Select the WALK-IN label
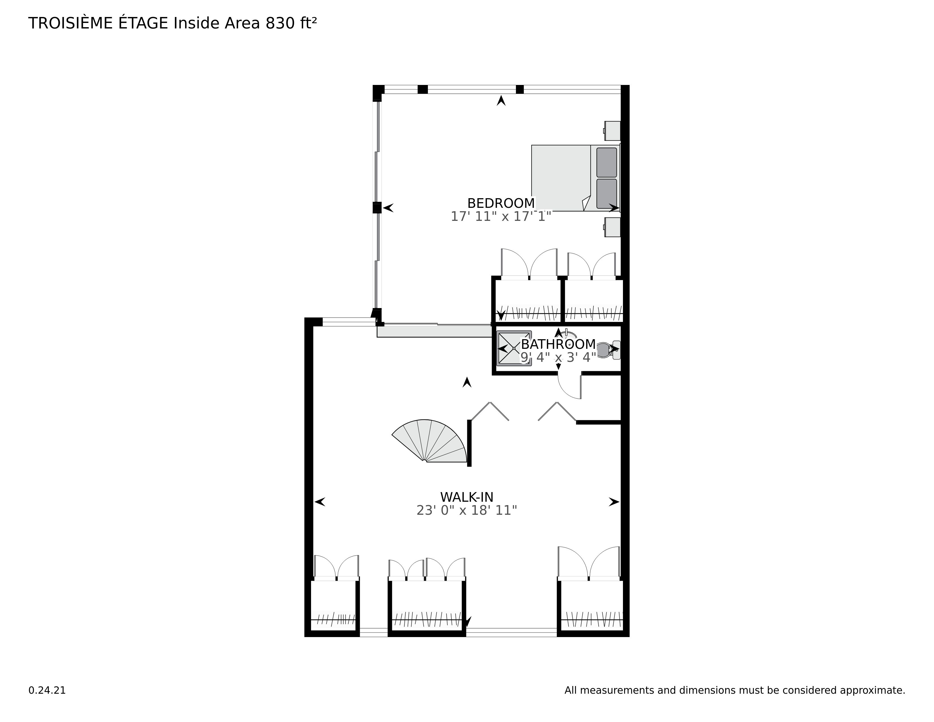point(466,497)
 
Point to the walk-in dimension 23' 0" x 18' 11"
point(466,510)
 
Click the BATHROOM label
point(558,344)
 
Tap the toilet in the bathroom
point(608,350)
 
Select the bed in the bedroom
point(573,178)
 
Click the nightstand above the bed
point(612,131)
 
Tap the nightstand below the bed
point(612,227)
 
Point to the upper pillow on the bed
point(607,163)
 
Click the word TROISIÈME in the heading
point(70,23)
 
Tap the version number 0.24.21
point(47,690)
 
